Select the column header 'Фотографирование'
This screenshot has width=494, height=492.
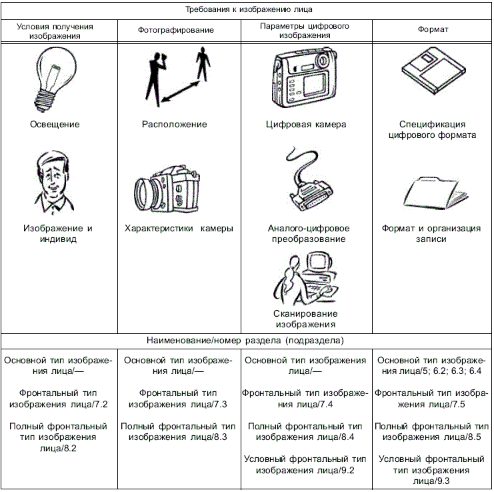pos(176,31)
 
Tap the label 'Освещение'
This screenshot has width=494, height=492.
pos(54,124)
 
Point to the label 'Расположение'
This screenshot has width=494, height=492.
pos(175,124)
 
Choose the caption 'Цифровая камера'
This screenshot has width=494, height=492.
pos(306,124)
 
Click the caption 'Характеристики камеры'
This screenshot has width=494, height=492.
pos(179,228)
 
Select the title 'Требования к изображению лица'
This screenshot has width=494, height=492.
pos(247,10)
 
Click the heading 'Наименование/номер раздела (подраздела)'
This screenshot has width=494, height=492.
pos(247,341)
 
